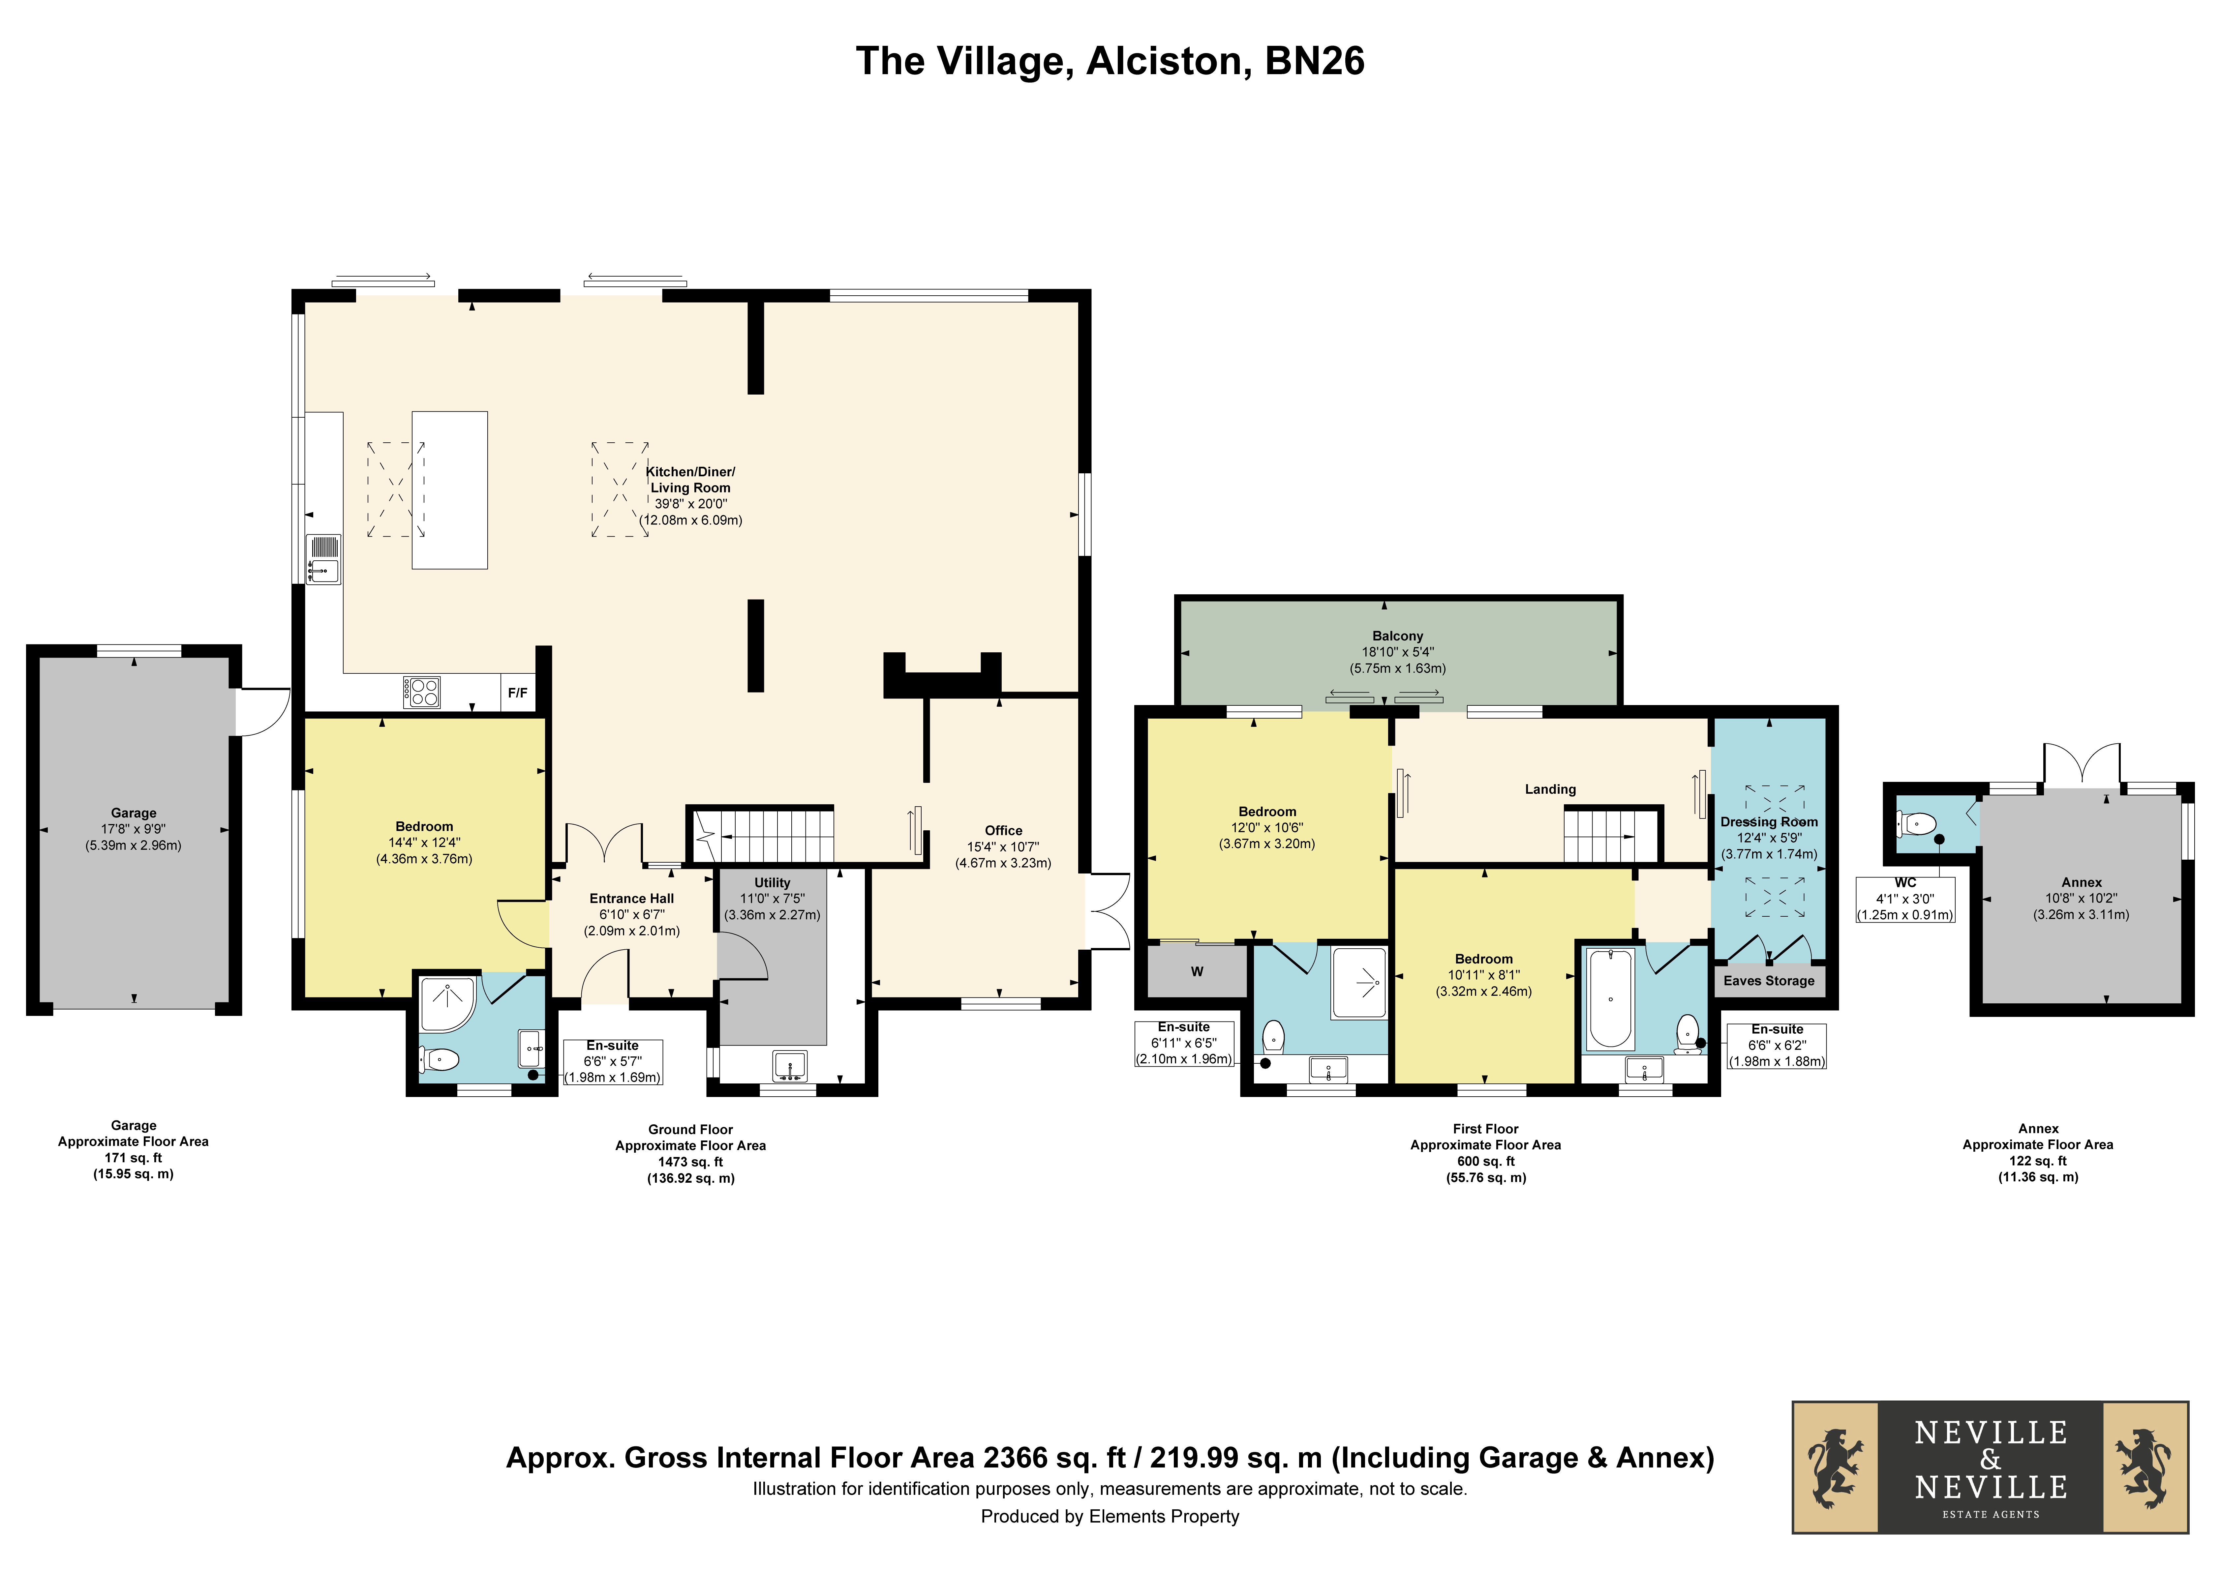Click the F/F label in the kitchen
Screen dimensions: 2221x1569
(x=518, y=693)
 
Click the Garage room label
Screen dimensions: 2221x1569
(x=134, y=813)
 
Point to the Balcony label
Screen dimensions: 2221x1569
(x=1398, y=636)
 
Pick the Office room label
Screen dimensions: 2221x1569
(x=1003, y=830)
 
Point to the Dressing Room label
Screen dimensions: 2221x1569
(x=1769, y=821)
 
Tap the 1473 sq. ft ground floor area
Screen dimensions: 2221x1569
(x=691, y=1162)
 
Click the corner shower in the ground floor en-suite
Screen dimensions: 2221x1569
(x=448, y=1003)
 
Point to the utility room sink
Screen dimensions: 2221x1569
(x=790, y=1066)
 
